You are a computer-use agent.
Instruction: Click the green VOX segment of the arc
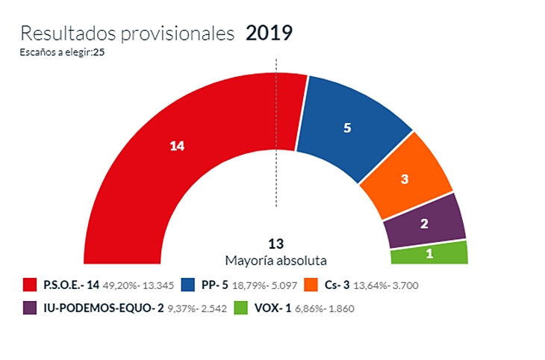tap(429, 252)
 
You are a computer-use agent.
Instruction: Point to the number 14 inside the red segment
tap(177, 146)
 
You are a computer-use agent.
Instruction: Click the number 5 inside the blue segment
tap(346, 128)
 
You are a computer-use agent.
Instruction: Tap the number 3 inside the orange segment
tap(404, 179)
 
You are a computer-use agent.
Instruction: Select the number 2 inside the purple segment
tap(424, 223)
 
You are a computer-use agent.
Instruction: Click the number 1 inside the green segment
tap(429, 253)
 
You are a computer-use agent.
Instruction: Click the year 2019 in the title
tap(269, 33)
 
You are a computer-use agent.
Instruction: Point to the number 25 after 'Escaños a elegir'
tap(98, 52)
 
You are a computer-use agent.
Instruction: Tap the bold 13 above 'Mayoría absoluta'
tap(276, 243)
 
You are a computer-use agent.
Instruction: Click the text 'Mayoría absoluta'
tap(276, 260)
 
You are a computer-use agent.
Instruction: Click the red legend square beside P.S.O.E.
tap(31, 285)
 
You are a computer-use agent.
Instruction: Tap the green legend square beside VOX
tap(240, 308)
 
